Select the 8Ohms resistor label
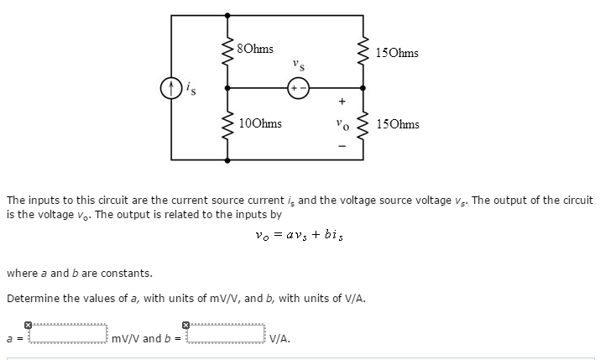255,49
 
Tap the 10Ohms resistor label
260,123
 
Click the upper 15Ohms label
398,53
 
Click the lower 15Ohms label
398,124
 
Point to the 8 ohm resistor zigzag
226,52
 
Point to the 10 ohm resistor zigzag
226,124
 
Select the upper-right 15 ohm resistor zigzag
364,52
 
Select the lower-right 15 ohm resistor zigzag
364,124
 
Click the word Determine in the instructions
32,298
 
